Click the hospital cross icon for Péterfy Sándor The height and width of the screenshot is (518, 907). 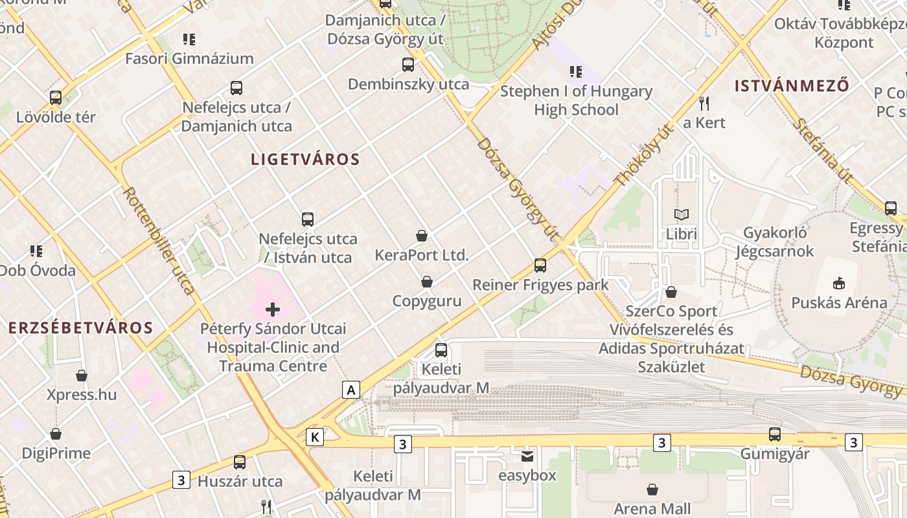(273, 310)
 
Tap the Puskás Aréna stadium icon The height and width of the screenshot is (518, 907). (839, 283)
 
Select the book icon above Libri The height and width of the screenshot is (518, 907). (682, 214)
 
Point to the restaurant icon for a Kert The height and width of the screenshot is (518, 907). (705, 103)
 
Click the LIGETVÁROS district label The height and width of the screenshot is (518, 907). (305, 159)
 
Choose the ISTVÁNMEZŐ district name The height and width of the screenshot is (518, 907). (792, 85)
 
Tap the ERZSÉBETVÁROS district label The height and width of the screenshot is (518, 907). (81, 328)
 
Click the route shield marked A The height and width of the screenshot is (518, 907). (351, 390)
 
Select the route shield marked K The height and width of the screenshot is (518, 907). (315, 437)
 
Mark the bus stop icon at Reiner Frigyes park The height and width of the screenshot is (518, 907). (540, 265)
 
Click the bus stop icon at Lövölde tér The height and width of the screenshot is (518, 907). (56, 98)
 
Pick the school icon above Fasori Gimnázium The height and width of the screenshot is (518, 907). (189, 39)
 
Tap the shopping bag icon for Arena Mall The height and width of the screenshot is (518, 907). (652, 490)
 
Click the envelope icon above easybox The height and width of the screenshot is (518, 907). (527, 456)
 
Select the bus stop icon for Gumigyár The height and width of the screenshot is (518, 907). (775, 434)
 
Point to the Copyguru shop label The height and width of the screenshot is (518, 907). (427, 301)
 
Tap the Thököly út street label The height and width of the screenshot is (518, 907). (643, 156)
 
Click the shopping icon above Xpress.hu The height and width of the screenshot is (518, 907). (82, 376)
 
